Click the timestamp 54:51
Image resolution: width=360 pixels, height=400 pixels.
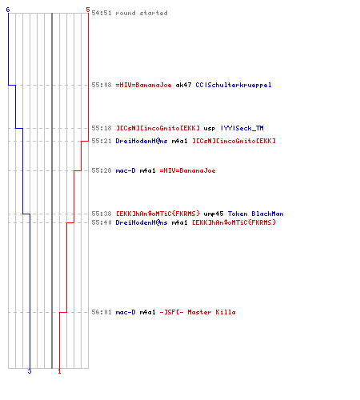(x=102, y=13)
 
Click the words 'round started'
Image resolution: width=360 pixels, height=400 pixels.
(x=142, y=13)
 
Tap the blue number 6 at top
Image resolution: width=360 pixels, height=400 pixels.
(x=8, y=10)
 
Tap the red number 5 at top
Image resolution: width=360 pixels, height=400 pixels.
(x=88, y=10)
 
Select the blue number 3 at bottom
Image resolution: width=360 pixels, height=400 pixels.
(x=30, y=371)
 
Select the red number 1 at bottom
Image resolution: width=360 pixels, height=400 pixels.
(x=59, y=371)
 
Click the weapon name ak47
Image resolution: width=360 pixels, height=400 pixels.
(x=183, y=85)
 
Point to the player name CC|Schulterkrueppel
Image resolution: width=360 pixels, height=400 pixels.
(x=234, y=85)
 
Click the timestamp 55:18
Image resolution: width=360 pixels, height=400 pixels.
(x=102, y=128)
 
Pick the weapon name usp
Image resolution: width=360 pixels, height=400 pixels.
(x=210, y=129)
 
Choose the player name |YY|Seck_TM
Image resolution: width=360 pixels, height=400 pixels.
(x=242, y=128)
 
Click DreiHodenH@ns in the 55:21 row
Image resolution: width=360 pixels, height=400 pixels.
(x=142, y=141)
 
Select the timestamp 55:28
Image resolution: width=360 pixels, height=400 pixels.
(x=102, y=170)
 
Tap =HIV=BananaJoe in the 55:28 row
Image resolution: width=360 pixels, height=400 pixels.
(x=187, y=170)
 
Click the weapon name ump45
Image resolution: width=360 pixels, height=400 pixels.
(x=214, y=214)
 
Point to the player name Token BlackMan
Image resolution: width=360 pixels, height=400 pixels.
(x=255, y=214)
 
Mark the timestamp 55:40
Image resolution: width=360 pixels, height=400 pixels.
(x=102, y=222)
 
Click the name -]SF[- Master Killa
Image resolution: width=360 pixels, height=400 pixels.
(x=198, y=312)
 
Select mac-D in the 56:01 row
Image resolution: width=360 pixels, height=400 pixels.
(x=126, y=312)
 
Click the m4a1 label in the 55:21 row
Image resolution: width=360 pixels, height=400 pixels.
(x=179, y=141)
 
